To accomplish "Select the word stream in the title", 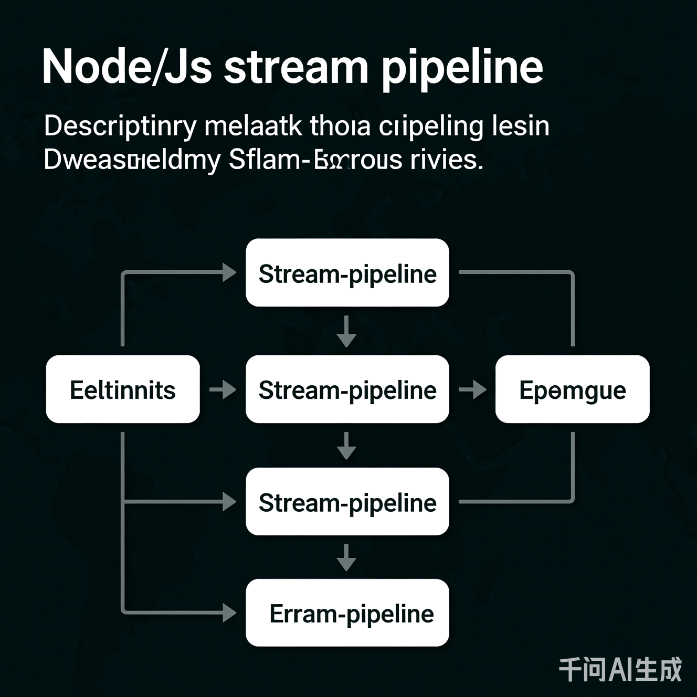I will click(x=297, y=67).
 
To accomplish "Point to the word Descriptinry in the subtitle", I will click(x=120, y=126).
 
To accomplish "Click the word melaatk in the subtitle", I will click(x=253, y=126).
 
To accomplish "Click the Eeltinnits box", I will click(x=123, y=389).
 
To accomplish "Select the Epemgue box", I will click(x=572, y=389).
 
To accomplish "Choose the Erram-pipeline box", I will click(x=347, y=613).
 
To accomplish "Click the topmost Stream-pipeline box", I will click(x=347, y=273).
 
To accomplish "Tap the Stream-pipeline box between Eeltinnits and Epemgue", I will click(x=347, y=389).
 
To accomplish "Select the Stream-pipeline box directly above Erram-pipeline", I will click(x=347, y=502).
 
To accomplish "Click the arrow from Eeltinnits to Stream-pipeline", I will click(x=223, y=389).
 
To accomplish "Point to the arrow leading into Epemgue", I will click(x=472, y=389).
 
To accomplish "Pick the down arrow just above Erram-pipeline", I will click(x=346, y=557).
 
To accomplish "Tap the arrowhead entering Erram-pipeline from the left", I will click(x=229, y=612).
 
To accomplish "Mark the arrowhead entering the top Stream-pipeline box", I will click(x=229, y=272).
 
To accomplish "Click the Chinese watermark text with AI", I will click(x=620, y=670).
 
